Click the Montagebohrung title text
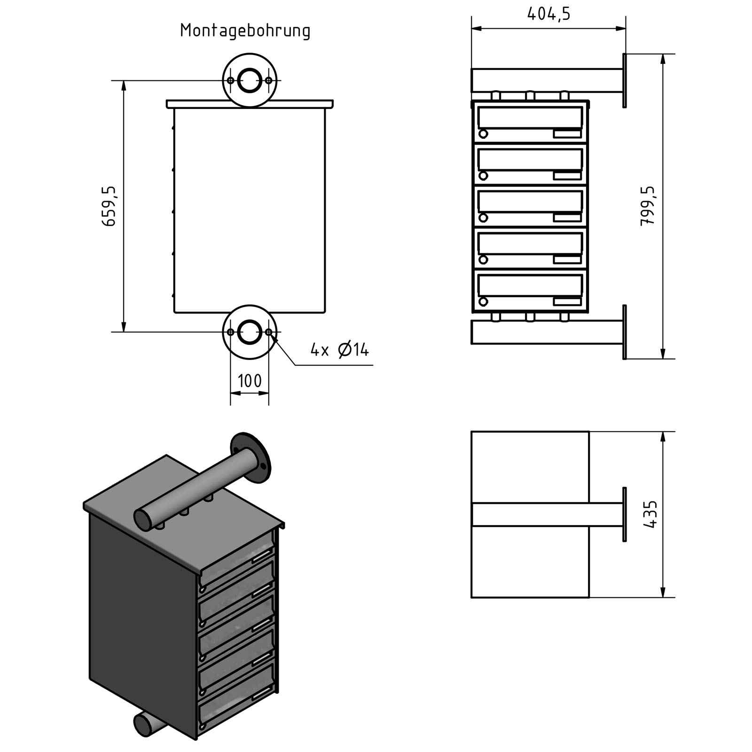coord(245,31)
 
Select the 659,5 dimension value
coord(109,206)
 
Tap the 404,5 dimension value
coord(548,14)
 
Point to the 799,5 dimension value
coord(648,206)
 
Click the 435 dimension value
coord(651,515)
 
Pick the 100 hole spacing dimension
coord(250,381)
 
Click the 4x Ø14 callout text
coord(339,350)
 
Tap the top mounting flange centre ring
coord(250,80)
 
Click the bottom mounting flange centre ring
coord(250,332)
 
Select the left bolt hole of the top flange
coord(230,80)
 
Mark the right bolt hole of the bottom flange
coord(268,332)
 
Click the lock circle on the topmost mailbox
coord(483,134)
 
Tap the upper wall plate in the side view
coord(625,80)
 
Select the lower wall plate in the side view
coord(625,332)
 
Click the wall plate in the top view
coord(625,515)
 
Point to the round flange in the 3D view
coord(251,457)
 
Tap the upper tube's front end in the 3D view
coord(142,519)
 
